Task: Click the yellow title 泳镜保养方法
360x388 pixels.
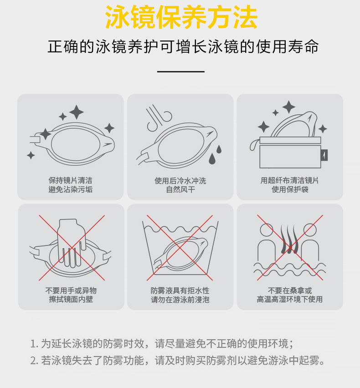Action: point(181,17)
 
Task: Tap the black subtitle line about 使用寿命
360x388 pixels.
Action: point(183,46)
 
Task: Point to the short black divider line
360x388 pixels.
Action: point(181,72)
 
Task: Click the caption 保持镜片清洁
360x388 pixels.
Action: point(71,180)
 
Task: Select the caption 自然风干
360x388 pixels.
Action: point(180,189)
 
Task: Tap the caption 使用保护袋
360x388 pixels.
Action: point(290,189)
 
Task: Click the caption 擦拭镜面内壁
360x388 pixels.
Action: point(71,299)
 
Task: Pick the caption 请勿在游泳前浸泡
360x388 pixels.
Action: point(180,299)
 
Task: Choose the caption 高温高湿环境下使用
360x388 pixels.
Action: point(290,299)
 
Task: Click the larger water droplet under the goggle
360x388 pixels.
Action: point(212,158)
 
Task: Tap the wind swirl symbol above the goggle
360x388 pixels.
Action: point(159,117)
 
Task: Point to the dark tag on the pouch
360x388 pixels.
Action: point(324,155)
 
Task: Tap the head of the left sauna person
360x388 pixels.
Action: point(267,230)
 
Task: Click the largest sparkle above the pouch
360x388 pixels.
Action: point(289,107)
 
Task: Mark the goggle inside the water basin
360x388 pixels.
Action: point(180,254)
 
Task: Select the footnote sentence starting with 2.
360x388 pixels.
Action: point(178,361)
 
